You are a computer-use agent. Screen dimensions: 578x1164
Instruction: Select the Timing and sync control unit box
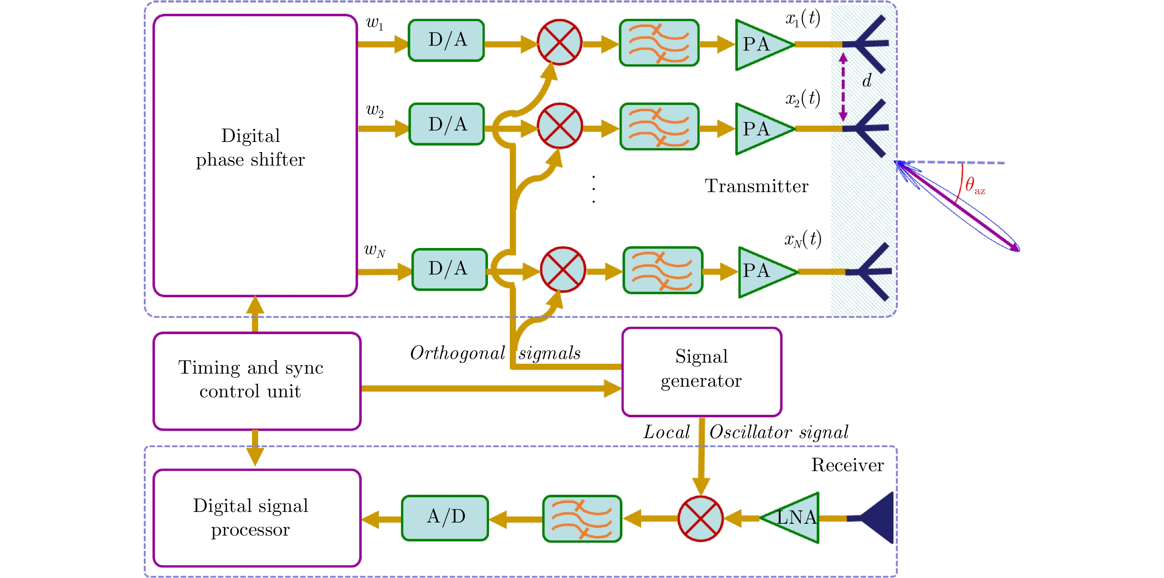pos(257,381)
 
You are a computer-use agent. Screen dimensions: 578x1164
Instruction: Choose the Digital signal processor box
pos(257,518)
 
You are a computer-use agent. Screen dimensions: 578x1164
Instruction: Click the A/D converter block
pos(445,518)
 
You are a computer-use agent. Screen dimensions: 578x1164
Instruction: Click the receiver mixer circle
pos(700,518)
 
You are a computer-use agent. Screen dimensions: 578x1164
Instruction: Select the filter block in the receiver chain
pos(582,518)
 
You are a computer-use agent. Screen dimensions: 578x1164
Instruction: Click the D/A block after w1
pos(446,40)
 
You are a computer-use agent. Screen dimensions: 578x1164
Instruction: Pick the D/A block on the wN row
pos(449,269)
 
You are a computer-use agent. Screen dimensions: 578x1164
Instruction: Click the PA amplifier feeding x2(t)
pos(761,129)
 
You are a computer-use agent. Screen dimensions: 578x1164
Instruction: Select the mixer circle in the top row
pos(560,42)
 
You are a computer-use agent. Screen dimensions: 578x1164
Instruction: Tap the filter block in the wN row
pos(662,270)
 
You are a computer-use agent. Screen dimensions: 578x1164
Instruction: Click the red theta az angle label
pos(974,185)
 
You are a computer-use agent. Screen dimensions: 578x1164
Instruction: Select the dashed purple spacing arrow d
pos(843,87)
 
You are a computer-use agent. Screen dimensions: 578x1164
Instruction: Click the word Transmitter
pos(757,186)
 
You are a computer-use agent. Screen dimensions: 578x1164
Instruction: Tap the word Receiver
pos(847,465)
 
